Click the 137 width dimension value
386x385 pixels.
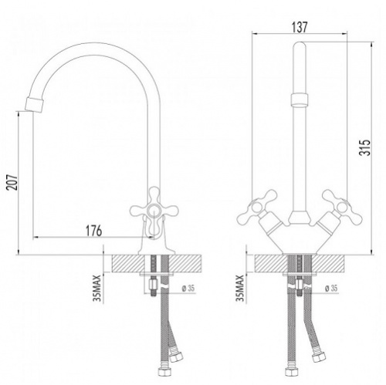click(x=300, y=27)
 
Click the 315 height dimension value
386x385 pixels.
click(x=365, y=147)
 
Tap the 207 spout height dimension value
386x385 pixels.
click(x=12, y=182)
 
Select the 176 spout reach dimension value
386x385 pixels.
click(x=93, y=231)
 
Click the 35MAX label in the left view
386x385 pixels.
click(x=97, y=288)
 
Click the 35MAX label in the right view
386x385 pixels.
click(x=240, y=288)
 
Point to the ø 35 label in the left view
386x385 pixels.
click(x=188, y=289)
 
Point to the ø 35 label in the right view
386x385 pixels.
click(x=330, y=289)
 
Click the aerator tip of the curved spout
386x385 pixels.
click(x=35, y=104)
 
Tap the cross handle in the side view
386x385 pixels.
click(x=154, y=209)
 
